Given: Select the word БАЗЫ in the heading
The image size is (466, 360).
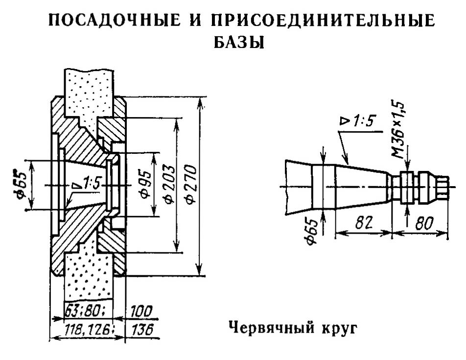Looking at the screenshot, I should (x=239, y=43).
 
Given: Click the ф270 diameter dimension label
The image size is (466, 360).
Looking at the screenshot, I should (x=190, y=185).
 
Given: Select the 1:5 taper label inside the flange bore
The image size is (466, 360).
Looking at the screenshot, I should (x=89, y=184).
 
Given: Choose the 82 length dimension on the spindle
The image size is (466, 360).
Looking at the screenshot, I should (x=362, y=223).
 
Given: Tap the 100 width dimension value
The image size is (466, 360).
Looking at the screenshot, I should (x=140, y=312).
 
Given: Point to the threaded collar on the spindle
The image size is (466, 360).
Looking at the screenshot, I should (x=406, y=187).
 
